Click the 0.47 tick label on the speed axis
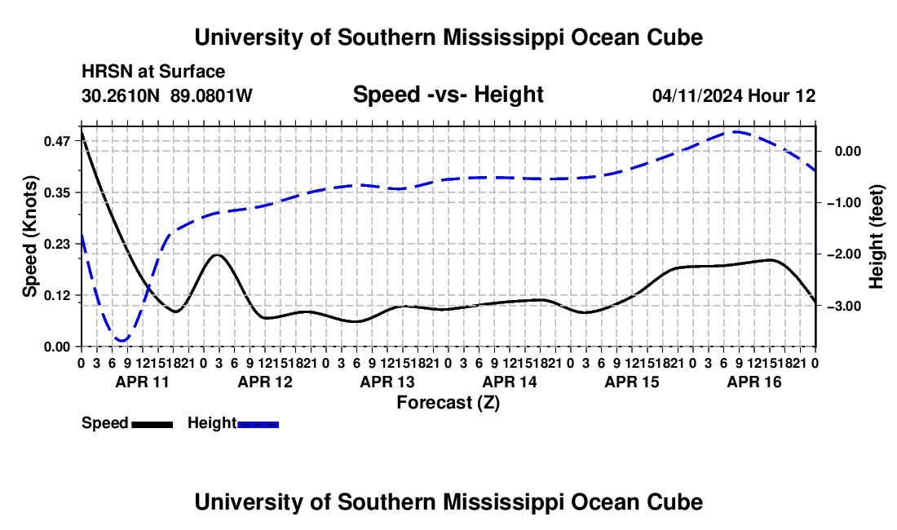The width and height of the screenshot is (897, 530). [56, 141]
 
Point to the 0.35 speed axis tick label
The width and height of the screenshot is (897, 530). [56, 192]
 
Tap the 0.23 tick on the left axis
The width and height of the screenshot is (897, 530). [56, 244]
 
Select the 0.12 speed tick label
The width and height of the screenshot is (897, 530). [56, 296]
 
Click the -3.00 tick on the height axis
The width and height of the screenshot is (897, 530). [844, 307]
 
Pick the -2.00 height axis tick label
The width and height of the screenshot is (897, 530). [844, 254]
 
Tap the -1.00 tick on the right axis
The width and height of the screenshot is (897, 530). [844, 203]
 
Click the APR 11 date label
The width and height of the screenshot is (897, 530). [143, 382]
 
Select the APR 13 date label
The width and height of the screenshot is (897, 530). [387, 382]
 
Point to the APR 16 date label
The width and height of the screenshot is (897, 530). [754, 382]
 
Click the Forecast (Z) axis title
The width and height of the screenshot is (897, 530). [448, 403]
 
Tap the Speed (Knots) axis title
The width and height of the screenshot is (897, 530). [30, 236]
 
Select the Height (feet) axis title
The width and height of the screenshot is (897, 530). [877, 236]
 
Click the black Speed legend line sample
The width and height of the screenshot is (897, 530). [152, 425]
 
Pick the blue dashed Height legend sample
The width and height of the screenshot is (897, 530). [258, 425]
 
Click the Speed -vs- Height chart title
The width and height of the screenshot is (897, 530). [448, 95]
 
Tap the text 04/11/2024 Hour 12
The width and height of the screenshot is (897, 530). [734, 95]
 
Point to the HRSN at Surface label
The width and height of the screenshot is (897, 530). [153, 72]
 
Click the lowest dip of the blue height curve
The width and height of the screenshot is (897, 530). [122, 341]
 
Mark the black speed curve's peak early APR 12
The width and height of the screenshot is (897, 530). [218, 254]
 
